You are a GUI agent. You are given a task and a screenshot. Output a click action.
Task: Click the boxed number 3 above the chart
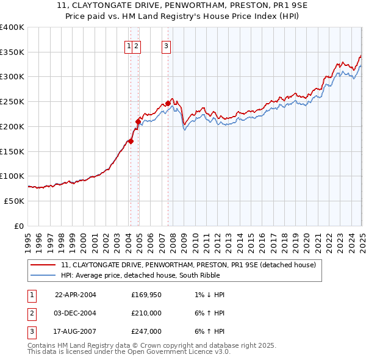click(x=167, y=45)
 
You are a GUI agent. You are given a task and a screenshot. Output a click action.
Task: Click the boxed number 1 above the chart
click(x=129, y=45)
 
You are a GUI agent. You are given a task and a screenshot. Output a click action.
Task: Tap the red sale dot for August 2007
click(x=168, y=103)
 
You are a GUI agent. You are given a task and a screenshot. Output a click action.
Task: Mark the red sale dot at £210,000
click(x=138, y=121)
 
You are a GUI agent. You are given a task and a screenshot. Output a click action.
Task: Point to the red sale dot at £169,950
click(x=131, y=142)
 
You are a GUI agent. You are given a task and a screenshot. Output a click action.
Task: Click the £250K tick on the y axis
click(x=12, y=101)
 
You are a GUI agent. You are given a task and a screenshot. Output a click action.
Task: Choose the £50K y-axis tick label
click(x=14, y=201)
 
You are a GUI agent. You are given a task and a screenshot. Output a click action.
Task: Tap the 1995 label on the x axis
click(x=28, y=238)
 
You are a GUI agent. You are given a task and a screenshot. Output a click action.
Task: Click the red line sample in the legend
click(x=44, y=265)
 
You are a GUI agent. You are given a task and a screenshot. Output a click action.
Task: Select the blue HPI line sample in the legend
click(x=44, y=275)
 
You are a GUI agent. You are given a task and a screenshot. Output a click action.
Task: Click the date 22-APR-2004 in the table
click(x=76, y=295)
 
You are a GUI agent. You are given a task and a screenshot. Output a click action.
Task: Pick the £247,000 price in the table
click(x=146, y=331)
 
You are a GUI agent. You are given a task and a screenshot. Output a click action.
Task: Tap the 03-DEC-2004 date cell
click(x=76, y=313)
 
